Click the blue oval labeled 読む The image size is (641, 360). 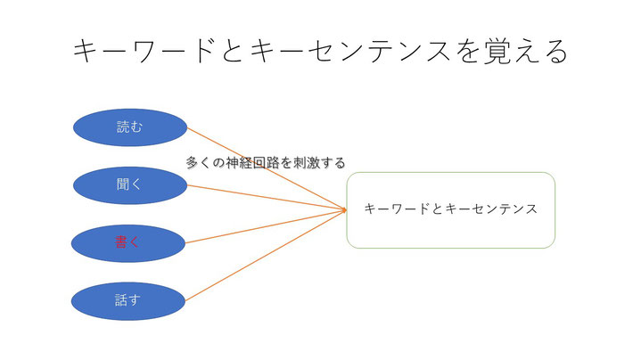tap(130, 127)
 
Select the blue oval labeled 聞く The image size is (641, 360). tap(130, 185)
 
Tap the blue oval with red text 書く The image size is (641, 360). tap(128, 243)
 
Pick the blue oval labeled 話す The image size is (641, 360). tap(128, 301)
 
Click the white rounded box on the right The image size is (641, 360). tap(451, 210)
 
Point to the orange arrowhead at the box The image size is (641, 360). tap(344, 210)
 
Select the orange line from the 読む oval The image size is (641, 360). tap(267, 168)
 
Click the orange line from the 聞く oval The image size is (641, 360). tap(267, 198)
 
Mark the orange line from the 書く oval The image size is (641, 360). tap(267, 227)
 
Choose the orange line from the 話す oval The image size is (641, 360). tap(267, 256)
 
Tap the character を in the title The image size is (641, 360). tap(468, 52)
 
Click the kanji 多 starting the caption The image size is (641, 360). tap(193, 163)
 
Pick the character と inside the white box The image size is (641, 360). tap(437, 209)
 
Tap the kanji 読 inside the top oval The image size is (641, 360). tap(123, 127)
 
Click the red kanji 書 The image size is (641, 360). tap(121, 242)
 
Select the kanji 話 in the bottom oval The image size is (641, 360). tap(121, 300)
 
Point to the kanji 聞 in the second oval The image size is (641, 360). tap(123, 184)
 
